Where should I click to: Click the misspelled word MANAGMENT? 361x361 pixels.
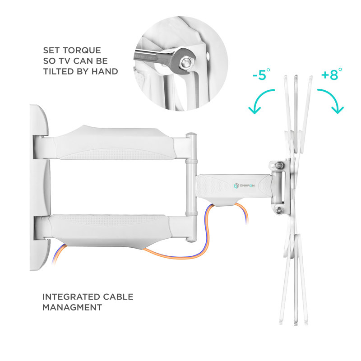pyautogui.click(x=72, y=307)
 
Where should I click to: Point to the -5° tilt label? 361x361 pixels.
pyautogui.click(x=261, y=75)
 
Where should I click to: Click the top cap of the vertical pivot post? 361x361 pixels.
pyautogui.click(x=191, y=134)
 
